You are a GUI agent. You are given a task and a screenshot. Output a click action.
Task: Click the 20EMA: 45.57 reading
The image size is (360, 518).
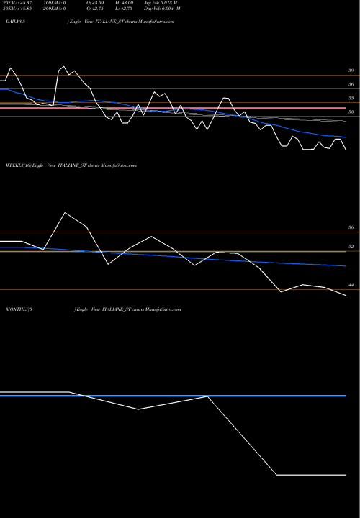(x=16, y=4)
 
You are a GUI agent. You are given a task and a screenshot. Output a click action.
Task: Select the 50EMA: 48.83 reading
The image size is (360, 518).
(x=16, y=9)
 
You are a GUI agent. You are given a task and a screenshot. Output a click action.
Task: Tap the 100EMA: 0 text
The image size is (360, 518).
(x=57, y=4)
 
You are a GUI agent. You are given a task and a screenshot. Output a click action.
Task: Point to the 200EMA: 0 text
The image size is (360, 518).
(x=57, y=9)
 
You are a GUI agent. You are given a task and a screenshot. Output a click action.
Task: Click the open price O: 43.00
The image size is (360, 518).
(x=96, y=4)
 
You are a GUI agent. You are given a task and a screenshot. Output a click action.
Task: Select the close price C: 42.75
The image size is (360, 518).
(x=96, y=9)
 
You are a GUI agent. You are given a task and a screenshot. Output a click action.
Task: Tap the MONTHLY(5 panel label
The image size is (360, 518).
(x=14, y=309)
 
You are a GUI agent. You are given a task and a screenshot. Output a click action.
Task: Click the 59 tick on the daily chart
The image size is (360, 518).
(x=351, y=71)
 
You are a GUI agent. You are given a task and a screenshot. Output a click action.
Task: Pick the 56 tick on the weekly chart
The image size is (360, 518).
(x=351, y=228)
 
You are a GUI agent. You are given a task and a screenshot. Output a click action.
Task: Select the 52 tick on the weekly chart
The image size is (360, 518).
(x=351, y=247)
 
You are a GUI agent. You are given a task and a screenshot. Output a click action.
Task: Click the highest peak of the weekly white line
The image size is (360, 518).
(x=66, y=212)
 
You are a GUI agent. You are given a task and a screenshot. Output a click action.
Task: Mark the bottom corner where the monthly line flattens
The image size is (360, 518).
(x=277, y=475)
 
